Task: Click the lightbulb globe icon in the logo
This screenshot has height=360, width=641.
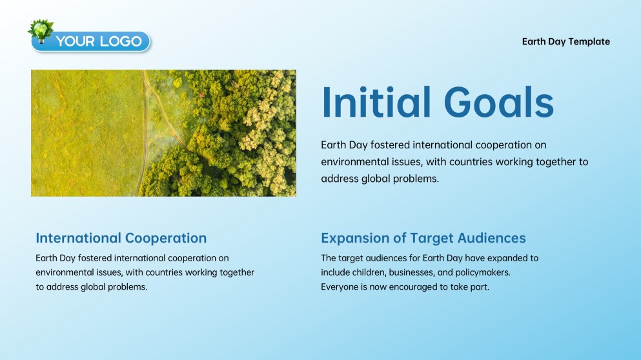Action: click(41, 31)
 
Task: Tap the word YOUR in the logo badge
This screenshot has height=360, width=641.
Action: click(76, 41)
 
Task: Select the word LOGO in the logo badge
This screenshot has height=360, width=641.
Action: click(121, 41)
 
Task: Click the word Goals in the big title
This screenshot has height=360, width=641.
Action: click(499, 102)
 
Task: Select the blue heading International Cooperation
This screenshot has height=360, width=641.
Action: click(121, 238)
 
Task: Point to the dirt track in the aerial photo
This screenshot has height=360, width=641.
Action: click(145, 135)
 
